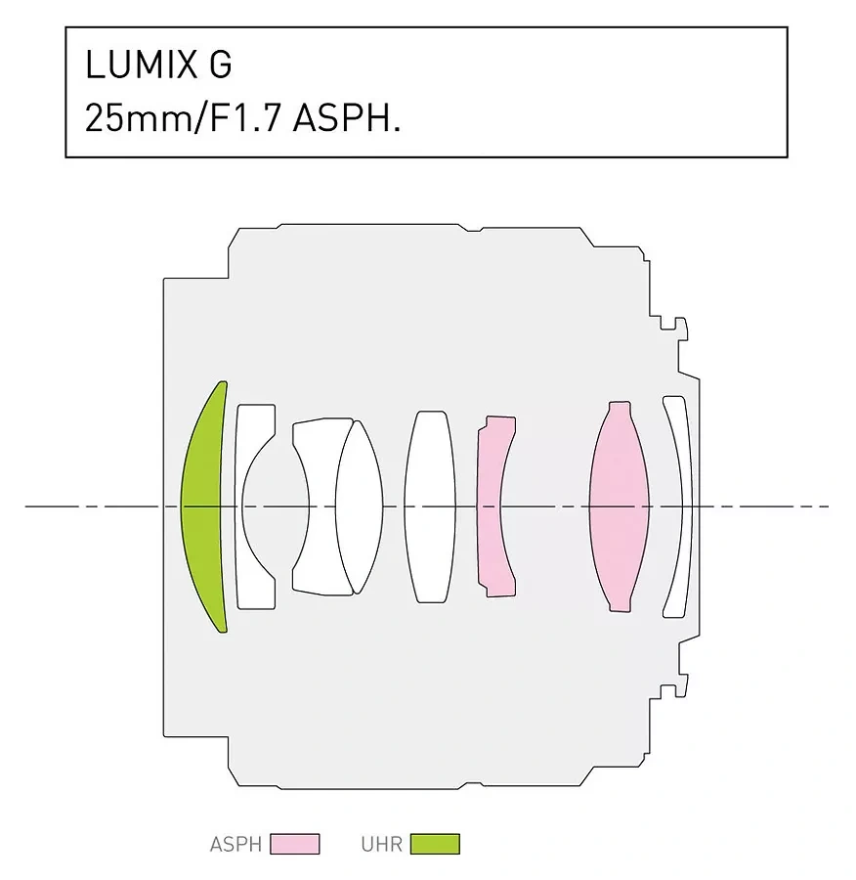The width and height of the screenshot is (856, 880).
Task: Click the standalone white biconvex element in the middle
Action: (x=429, y=506)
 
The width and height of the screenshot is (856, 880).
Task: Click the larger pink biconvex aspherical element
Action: (x=620, y=506)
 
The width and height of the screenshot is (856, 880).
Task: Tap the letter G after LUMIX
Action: (x=220, y=66)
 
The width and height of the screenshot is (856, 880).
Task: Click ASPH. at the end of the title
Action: (x=347, y=119)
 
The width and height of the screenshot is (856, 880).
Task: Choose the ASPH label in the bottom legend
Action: (x=235, y=844)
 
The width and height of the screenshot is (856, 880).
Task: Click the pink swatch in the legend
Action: (x=294, y=844)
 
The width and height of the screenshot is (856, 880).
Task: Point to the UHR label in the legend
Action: (x=381, y=844)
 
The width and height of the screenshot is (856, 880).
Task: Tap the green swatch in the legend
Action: (x=434, y=844)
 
